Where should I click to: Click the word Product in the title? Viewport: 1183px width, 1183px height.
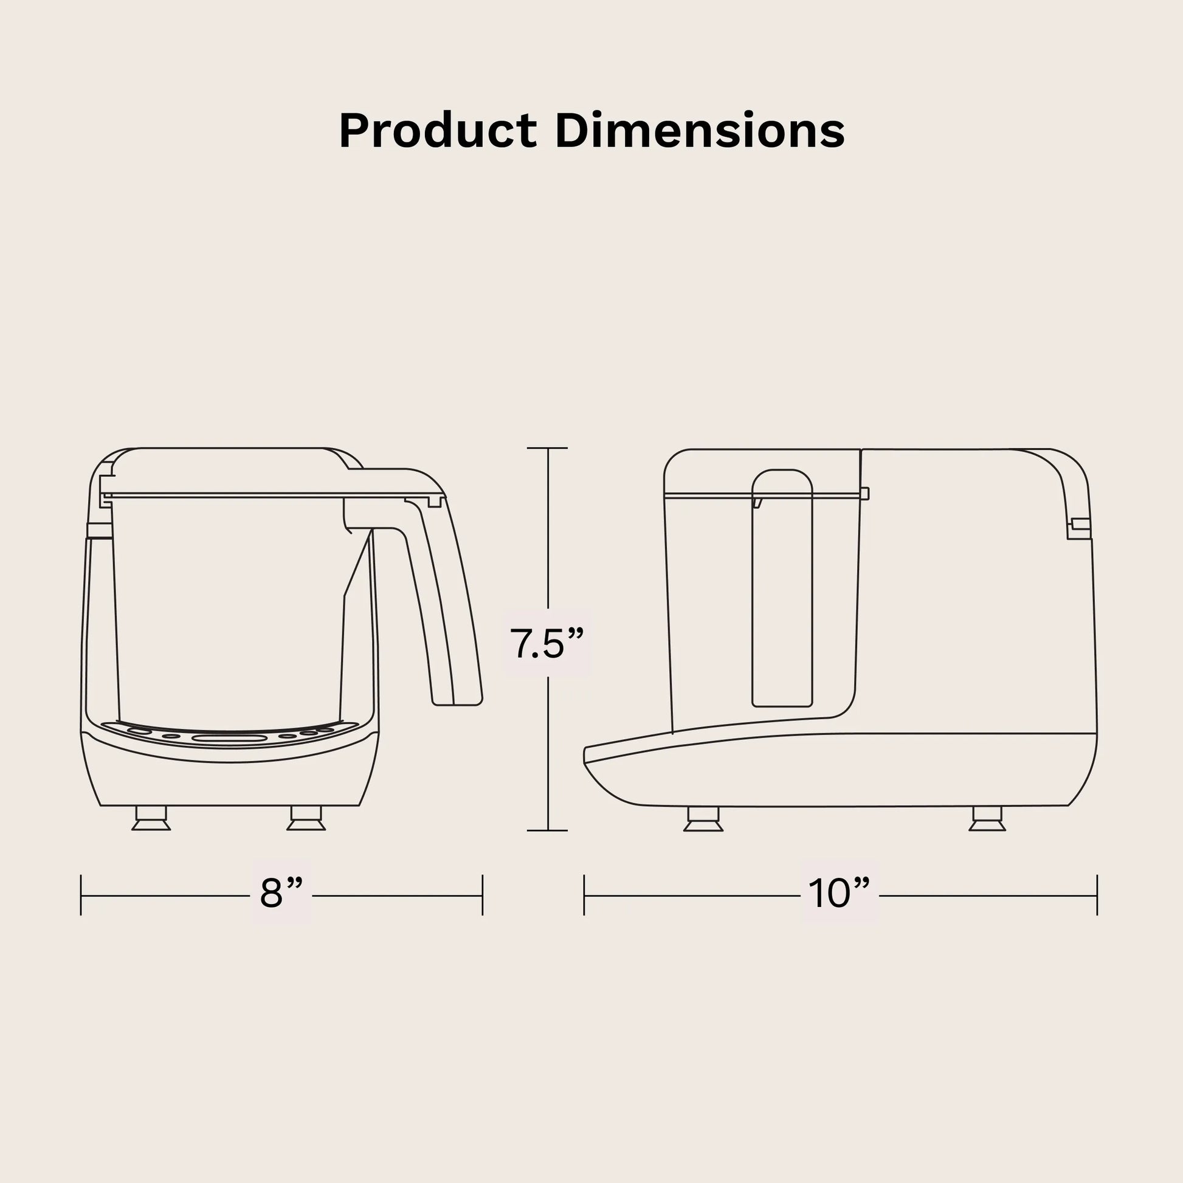[x=437, y=131]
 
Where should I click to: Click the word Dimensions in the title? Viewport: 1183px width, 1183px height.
[x=700, y=131]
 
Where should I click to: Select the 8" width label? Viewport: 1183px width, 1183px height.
[x=281, y=894]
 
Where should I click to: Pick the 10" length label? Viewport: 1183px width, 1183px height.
[x=839, y=894]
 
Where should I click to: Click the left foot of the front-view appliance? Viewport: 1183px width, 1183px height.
[x=151, y=819]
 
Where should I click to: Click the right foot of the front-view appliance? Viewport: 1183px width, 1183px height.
[x=306, y=819]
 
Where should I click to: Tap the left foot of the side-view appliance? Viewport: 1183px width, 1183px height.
[x=703, y=819]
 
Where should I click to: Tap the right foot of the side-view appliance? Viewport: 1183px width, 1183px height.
[x=987, y=819]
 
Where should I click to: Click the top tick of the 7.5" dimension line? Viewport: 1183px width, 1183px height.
[x=547, y=448]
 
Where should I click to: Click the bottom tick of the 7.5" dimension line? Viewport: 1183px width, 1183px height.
[x=547, y=831]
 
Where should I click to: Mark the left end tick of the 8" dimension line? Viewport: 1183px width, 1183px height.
[x=81, y=895]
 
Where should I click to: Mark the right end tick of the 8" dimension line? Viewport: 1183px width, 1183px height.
[x=483, y=895]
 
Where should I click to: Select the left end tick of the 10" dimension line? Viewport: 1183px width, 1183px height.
[x=584, y=895]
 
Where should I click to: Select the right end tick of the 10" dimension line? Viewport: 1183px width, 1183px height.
[x=1097, y=895]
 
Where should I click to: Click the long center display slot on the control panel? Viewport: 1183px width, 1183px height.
[x=229, y=739]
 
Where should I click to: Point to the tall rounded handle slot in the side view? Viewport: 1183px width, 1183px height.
[x=782, y=588]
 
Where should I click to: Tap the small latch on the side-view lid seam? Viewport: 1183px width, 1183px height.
[x=864, y=494]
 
